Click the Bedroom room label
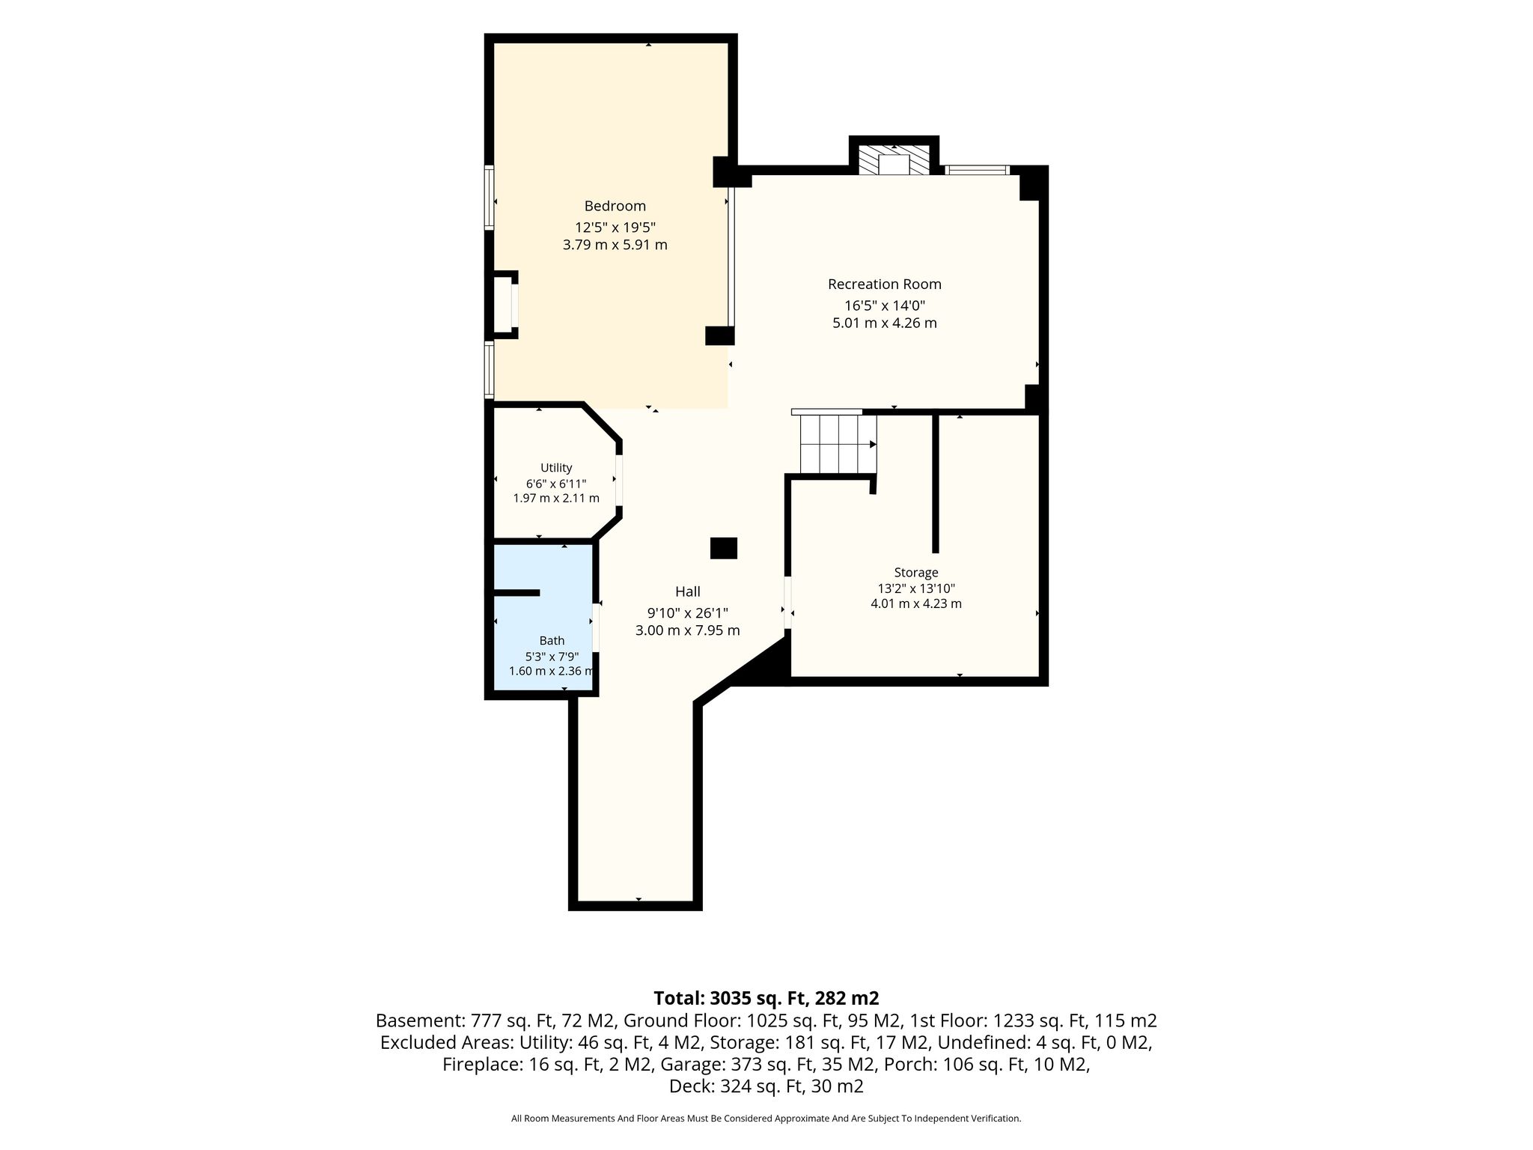pos(615,206)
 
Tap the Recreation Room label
pos(884,285)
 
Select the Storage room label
pos(916,573)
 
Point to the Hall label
pos(687,591)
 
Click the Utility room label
pos(556,468)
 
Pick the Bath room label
pos(552,641)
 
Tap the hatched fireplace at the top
pos(894,159)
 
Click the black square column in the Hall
pos(724,548)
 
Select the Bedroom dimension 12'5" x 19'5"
pos(615,227)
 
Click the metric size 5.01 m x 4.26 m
pos(884,323)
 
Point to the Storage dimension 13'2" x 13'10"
pos(916,588)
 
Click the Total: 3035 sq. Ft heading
pos(766,998)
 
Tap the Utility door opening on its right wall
pos(618,480)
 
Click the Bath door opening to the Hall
pos(596,627)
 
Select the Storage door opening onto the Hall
pos(787,603)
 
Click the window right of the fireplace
pos(978,170)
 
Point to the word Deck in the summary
pos(686,1086)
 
